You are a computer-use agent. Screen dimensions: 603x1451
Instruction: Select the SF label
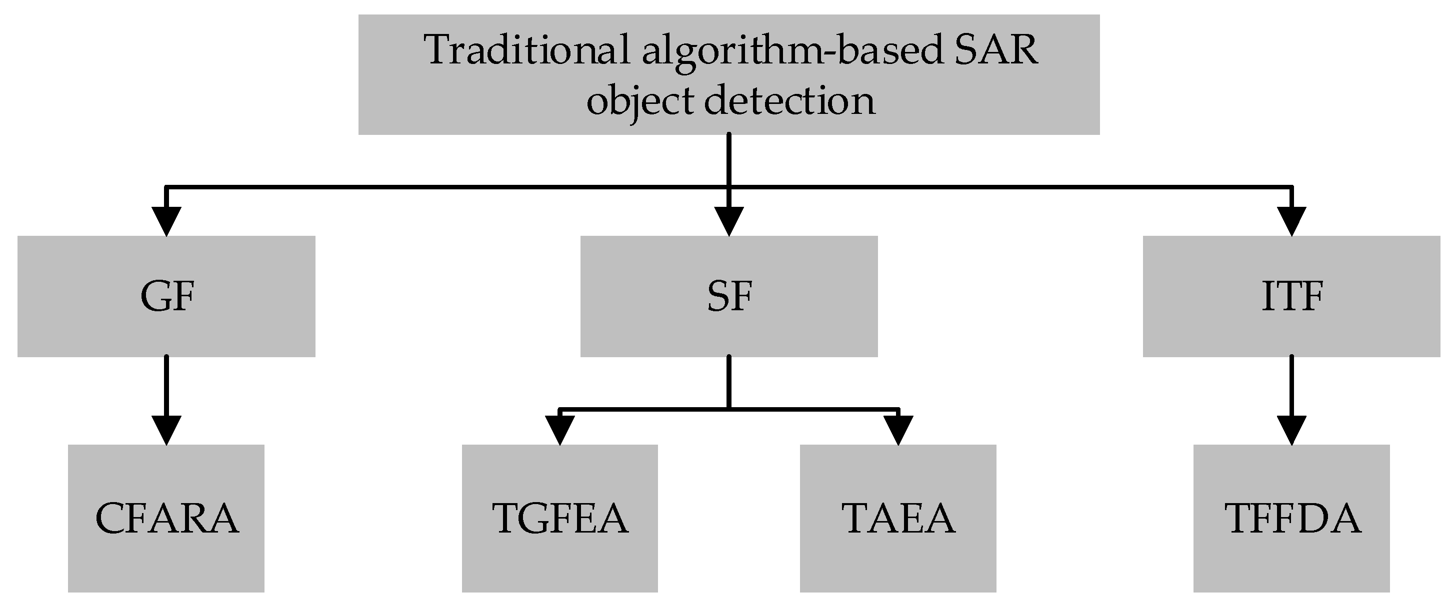(x=729, y=297)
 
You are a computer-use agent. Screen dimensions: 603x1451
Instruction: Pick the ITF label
(x=1291, y=297)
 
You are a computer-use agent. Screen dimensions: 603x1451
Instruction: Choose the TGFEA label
(x=560, y=519)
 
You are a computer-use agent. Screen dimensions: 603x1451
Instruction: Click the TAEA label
(x=898, y=519)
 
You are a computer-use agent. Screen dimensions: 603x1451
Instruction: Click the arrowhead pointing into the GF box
(x=166, y=221)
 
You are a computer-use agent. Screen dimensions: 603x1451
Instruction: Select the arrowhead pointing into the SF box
(x=729, y=221)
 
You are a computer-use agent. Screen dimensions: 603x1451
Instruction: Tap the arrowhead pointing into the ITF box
(x=1291, y=221)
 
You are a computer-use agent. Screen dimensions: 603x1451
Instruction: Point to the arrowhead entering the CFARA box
(x=166, y=430)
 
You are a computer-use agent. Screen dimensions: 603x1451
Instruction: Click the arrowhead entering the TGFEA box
(x=560, y=430)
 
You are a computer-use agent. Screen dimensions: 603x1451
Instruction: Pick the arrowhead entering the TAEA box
(x=898, y=430)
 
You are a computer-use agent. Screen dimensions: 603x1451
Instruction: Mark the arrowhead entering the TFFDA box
(x=1291, y=430)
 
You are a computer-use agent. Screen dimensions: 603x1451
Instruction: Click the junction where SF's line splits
(x=729, y=408)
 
